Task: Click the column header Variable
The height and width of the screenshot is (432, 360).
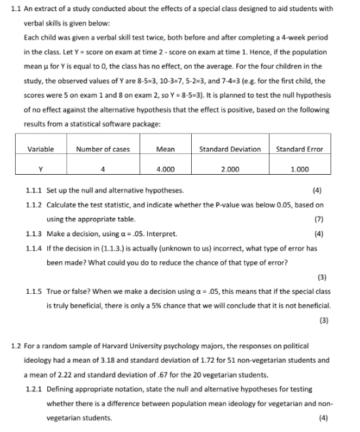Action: tap(41, 149)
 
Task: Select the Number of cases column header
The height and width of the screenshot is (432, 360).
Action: tap(103, 149)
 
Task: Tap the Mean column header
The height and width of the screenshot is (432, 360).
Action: tap(166, 149)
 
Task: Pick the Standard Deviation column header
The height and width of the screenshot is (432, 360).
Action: tap(230, 149)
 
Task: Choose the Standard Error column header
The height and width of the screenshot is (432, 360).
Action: tap(300, 149)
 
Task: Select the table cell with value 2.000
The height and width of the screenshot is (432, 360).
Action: tap(229, 169)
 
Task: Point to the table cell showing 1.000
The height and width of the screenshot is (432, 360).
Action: tap(299, 169)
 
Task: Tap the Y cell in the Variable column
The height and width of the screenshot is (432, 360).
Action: tap(41, 169)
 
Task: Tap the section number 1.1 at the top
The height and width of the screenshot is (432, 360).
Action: tap(17, 9)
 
